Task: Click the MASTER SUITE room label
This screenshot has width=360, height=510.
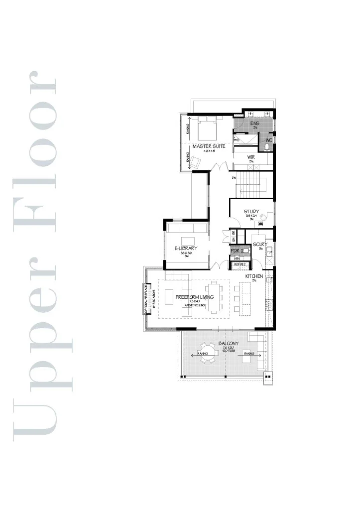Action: [209, 146]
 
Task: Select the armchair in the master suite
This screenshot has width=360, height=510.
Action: [195, 161]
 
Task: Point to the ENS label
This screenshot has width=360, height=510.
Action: [254, 124]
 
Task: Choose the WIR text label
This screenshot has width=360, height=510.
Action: [251, 157]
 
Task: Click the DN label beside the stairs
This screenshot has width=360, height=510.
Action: [234, 178]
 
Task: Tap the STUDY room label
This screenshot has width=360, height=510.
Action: [251, 212]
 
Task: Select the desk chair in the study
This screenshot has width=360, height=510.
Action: [263, 217]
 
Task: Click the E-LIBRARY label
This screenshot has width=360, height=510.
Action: [186, 248]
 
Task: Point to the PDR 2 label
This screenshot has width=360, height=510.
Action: [237, 251]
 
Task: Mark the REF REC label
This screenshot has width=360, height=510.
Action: [240, 264]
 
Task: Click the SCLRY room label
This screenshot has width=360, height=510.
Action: [260, 244]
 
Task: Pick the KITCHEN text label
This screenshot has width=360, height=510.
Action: [254, 276]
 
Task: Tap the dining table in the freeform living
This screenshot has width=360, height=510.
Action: [215, 297]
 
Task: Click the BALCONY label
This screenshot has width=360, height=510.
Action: [229, 344]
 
